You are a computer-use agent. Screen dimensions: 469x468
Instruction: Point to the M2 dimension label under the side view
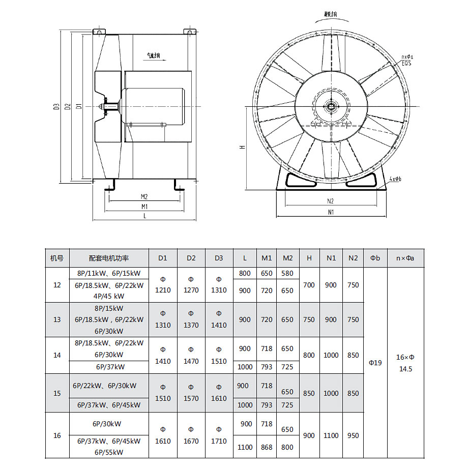point(144,196)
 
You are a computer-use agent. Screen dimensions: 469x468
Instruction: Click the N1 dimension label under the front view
point(331,212)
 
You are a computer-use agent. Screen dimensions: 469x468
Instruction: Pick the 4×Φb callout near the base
point(395,179)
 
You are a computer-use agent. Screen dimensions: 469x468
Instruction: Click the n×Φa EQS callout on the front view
point(407,60)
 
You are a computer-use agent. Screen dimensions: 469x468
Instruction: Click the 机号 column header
point(57,258)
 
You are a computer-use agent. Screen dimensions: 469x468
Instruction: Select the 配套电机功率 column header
point(109,258)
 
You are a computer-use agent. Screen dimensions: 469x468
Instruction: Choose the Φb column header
point(375,258)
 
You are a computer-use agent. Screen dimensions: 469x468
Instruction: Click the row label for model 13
point(57,319)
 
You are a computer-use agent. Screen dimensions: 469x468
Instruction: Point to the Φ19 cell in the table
point(375,363)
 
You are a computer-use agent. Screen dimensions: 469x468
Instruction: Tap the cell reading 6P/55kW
point(108,452)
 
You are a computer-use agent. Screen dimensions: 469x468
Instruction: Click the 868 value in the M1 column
point(267,447)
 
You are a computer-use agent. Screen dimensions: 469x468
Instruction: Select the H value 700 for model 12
point(309,285)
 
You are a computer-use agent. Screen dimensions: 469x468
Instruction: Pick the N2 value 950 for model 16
point(353,435)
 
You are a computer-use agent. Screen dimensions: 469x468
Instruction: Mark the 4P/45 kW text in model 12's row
point(109,296)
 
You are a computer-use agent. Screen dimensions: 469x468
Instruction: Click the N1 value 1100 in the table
point(331,435)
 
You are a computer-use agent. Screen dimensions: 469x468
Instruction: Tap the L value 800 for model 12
point(245,273)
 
